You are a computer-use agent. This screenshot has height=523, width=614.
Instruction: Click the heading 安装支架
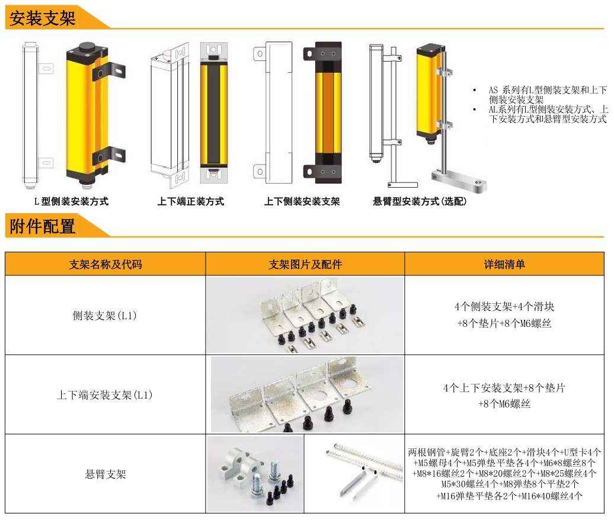[42, 18]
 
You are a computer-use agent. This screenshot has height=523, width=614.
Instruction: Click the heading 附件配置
[42, 226]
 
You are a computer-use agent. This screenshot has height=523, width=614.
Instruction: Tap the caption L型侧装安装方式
[71, 201]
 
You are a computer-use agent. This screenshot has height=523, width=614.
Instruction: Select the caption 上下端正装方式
[191, 201]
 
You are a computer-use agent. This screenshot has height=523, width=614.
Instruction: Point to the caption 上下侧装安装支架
[302, 201]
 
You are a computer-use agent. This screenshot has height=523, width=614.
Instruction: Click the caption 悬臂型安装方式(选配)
[420, 201]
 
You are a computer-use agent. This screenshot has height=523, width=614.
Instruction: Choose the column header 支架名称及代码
[105, 264]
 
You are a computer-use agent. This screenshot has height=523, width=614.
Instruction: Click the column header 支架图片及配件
[305, 264]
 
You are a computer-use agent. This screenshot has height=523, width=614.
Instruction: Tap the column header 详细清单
[504, 264]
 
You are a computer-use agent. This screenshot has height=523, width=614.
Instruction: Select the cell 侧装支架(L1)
[105, 316]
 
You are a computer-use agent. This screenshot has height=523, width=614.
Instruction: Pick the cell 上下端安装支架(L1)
[105, 395]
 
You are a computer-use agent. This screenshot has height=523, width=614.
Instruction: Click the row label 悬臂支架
[105, 474]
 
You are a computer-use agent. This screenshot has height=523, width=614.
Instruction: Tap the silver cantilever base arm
[460, 179]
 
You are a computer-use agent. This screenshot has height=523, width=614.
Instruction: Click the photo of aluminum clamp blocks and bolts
[255, 474]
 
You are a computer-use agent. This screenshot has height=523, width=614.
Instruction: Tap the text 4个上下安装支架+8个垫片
[504, 389]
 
